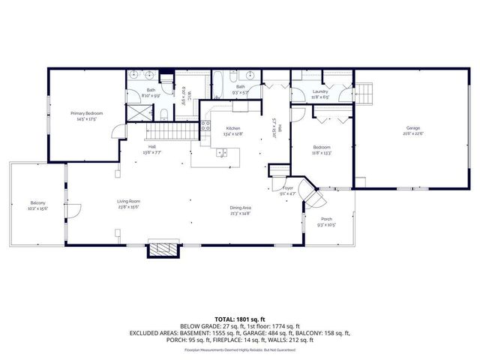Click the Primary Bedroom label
click(x=87, y=113)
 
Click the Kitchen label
click(x=223, y=127)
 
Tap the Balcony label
click(x=37, y=202)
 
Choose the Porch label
click(x=325, y=220)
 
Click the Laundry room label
click(x=319, y=91)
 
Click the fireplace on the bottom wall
click(x=160, y=250)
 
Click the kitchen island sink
click(x=222, y=153)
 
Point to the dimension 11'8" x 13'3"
click(x=321, y=152)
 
